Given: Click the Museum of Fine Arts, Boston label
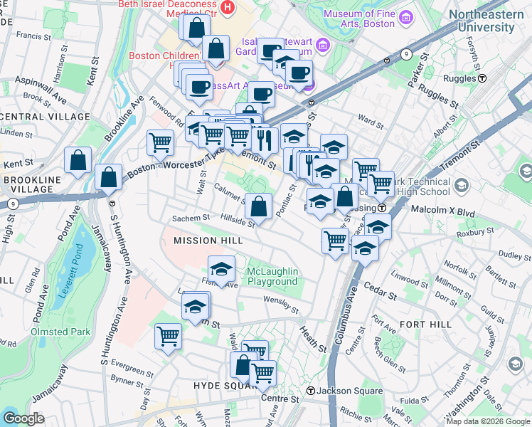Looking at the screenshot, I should coord(358,18).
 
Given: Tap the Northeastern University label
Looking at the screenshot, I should coord(491,21).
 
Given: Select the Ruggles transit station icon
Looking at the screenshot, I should coord(482,78).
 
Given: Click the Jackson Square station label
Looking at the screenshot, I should coord(339,391).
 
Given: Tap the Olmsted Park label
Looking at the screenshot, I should coord(60,332).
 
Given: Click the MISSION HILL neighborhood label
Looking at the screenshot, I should coord(208,241).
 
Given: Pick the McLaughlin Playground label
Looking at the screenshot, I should coord(272,276).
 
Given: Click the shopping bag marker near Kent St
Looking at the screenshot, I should coord(78,160).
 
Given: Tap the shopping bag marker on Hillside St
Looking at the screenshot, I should coord(259,206).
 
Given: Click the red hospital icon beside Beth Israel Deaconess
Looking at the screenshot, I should coord(228,7).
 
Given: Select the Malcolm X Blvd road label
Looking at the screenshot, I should coord(443,210).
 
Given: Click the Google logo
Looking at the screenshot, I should coord(23,418).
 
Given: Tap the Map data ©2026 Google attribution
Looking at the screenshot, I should coord(487,421).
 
